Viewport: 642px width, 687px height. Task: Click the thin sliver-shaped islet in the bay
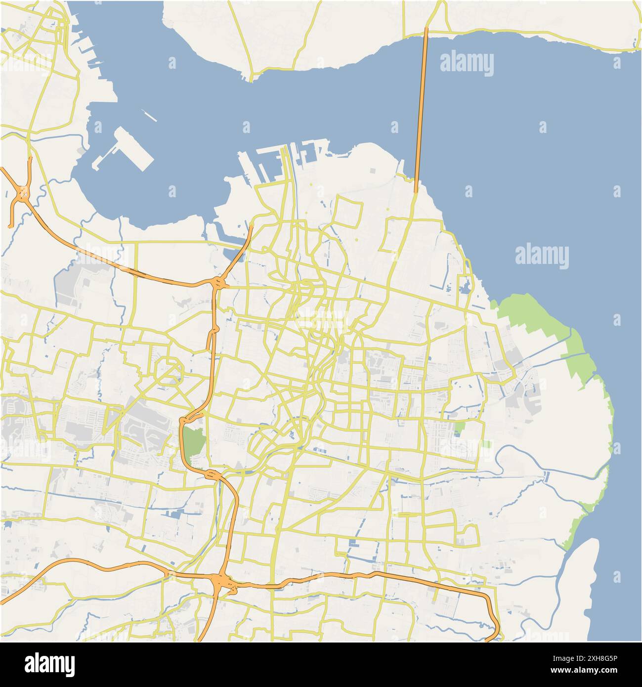149,116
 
